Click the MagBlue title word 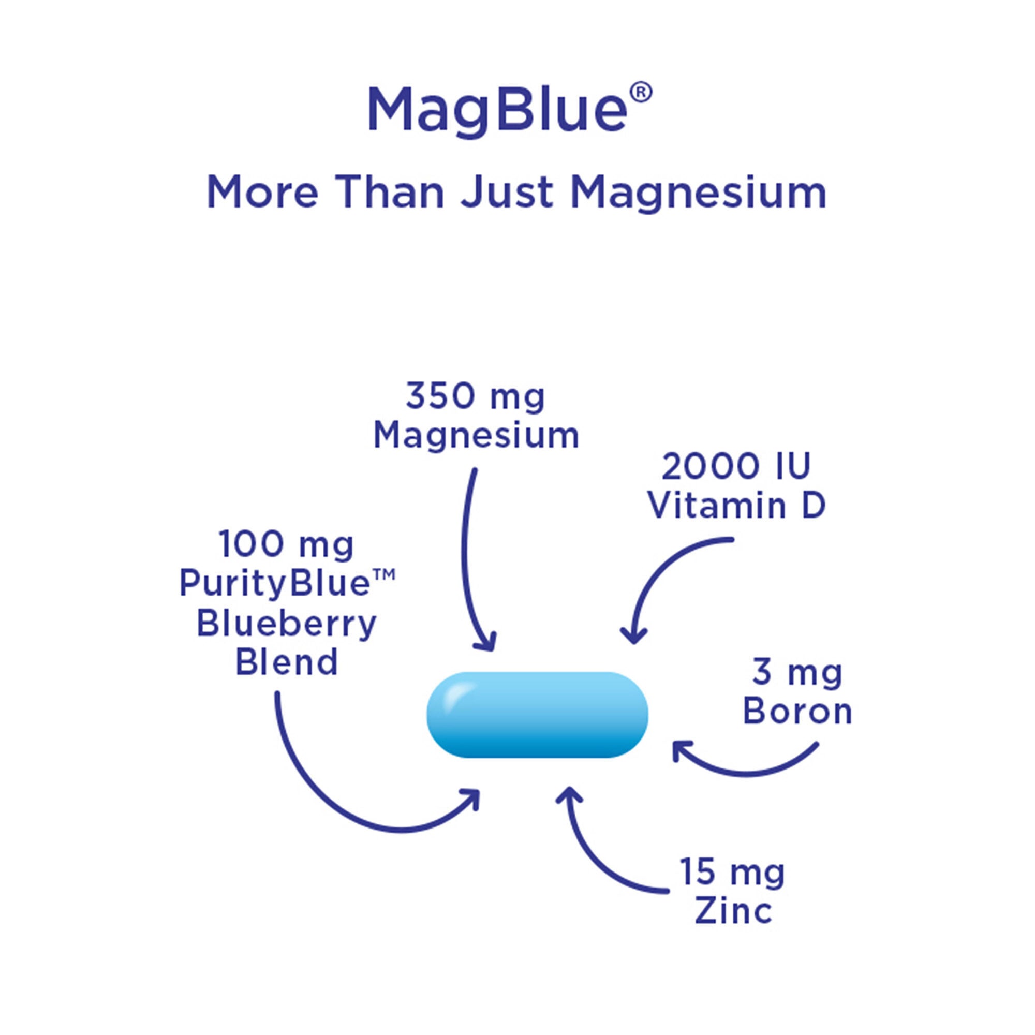pos(497,110)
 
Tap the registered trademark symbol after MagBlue pos(641,93)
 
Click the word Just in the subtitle pos(507,193)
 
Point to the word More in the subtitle pos(262,193)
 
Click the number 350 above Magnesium pos(440,396)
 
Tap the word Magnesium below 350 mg pos(476,435)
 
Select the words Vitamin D pos(736,505)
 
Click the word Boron pos(797,712)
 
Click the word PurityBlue pos(274,583)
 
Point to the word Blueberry pos(287,624)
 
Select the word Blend pos(287,663)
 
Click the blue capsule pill pos(537,715)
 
